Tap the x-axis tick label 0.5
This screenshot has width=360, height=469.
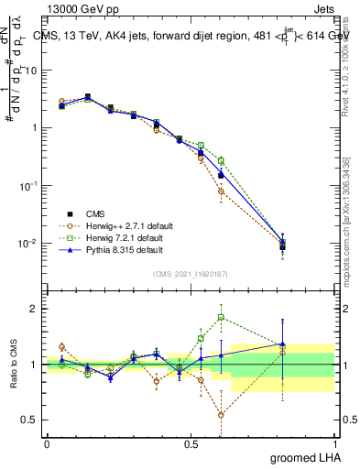pos(191,443)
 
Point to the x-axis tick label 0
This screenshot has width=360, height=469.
pos(47,443)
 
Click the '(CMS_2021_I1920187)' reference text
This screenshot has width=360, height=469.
pos(190,274)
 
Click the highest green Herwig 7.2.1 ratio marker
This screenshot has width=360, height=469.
pos(221,318)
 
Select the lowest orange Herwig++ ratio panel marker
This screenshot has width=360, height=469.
pos(221,415)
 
